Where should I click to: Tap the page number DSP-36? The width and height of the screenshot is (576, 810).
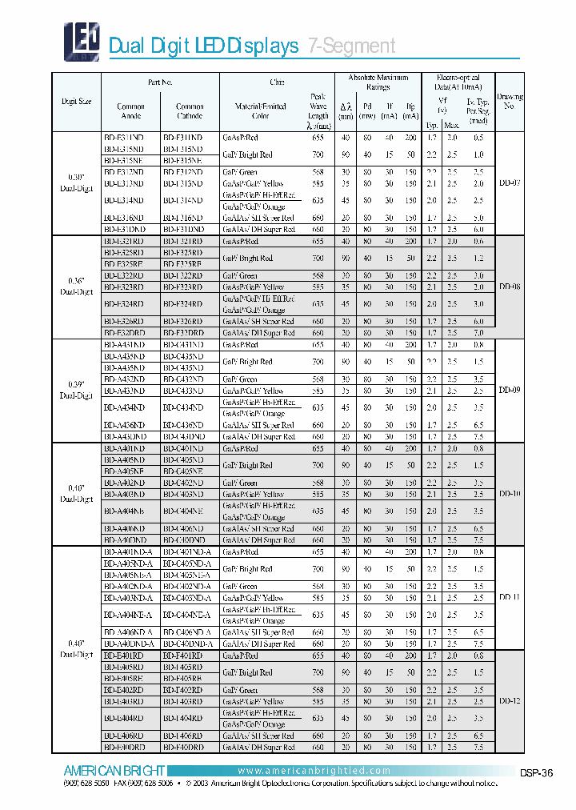click(x=535, y=772)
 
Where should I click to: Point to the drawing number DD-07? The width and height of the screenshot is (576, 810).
click(x=510, y=182)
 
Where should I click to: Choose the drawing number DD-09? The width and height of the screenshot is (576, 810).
click(x=510, y=390)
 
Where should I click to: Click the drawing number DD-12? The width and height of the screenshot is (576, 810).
click(x=510, y=700)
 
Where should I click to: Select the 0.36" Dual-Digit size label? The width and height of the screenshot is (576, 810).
click(x=77, y=287)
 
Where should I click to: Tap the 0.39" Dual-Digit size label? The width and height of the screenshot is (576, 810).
click(x=77, y=390)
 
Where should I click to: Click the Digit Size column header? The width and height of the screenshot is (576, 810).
click(x=77, y=102)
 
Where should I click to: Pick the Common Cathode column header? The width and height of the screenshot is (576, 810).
click(x=190, y=110)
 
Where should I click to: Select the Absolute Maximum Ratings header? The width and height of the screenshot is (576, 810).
click(x=378, y=82)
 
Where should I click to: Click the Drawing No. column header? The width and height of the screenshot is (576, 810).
click(x=510, y=101)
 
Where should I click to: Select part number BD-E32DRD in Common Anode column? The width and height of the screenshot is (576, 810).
click(x=124, y=332)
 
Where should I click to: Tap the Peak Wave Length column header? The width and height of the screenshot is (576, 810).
click(x=318, y=110)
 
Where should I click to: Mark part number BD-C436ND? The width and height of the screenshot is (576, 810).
click(x=184, y=426)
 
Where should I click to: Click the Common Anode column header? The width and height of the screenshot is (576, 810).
click(x=130, y=110)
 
